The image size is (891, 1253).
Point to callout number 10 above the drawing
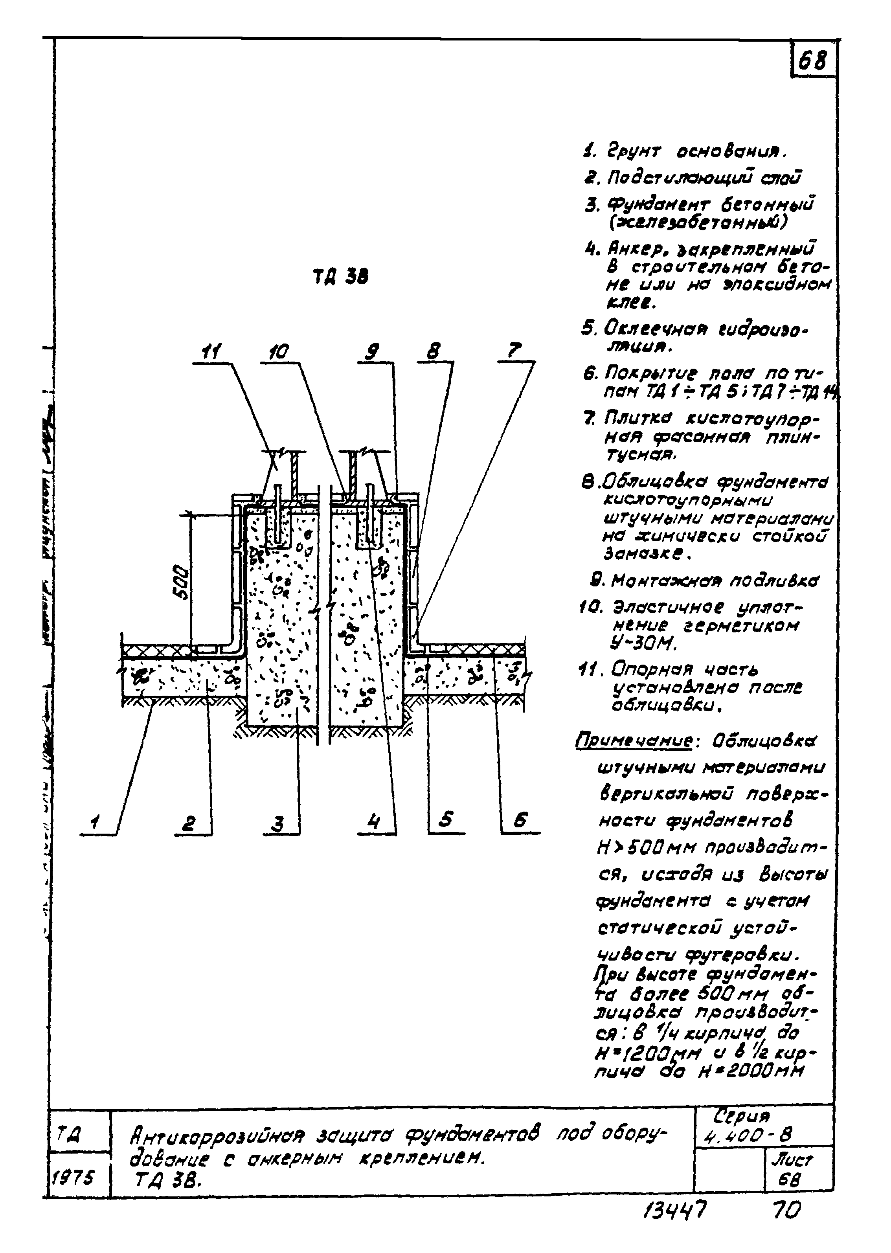pos(279,352)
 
